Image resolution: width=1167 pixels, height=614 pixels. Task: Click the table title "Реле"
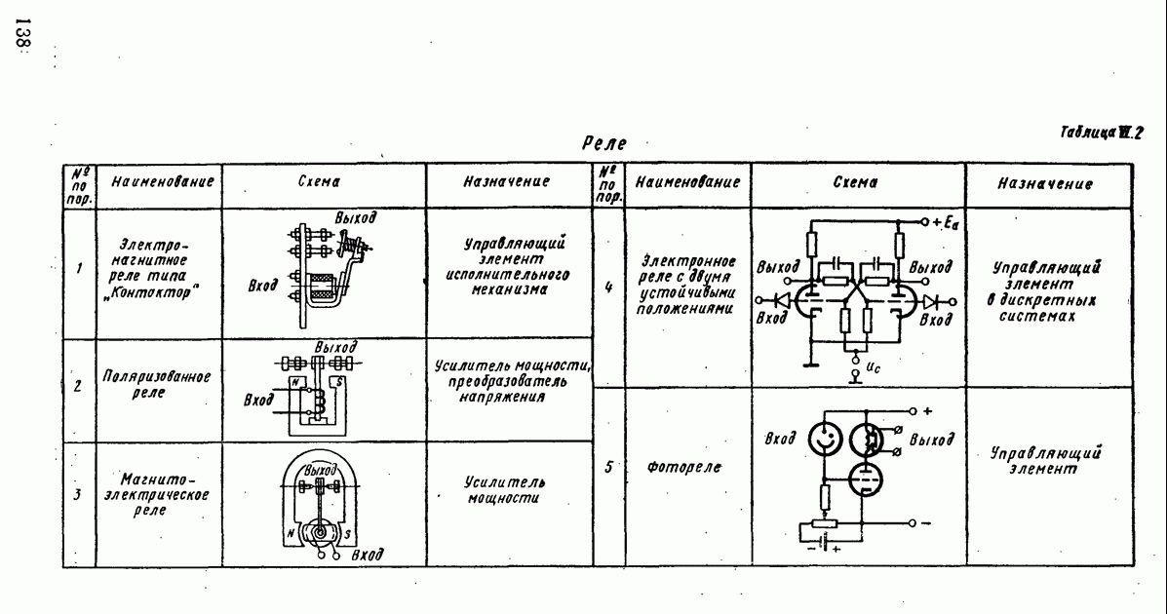click(604, 143)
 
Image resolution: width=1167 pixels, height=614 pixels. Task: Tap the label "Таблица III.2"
click(1102, 133)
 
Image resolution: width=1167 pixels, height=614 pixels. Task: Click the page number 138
click(21, 33)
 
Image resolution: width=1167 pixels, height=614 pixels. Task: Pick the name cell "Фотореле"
click(684, 468)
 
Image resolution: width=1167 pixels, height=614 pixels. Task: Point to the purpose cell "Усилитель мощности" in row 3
click(505, 489)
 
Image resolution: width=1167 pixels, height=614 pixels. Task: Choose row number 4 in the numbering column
click(608, 287)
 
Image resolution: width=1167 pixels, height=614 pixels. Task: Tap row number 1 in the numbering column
click(79, 269)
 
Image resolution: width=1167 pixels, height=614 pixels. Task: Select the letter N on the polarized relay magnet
click(295, 382)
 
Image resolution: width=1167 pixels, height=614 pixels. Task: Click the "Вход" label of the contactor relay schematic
click(262, 285)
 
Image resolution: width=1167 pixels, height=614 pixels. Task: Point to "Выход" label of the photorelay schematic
click(931, 440)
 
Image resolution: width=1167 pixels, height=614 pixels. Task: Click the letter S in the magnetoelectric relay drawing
click(347, 534)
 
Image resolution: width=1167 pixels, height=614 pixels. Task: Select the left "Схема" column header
click(319, 181)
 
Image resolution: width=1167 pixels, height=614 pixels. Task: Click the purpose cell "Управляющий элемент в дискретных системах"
click(1046, 291)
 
